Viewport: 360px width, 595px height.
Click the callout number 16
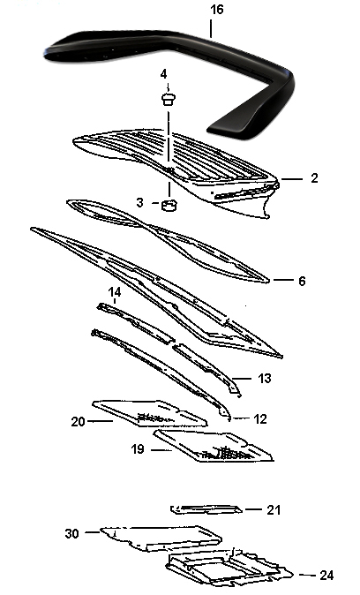217,10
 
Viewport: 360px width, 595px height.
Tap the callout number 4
163,74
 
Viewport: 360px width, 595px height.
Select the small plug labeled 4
169,100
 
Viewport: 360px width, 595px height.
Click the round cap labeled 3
169,205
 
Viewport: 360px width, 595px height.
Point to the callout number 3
140,203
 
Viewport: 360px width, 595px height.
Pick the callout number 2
314,178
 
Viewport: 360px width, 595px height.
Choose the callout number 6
302,282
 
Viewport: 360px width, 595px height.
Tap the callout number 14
115,292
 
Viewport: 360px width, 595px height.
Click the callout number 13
265,379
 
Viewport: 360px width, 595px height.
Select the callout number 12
259,419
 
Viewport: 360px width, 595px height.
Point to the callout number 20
79,422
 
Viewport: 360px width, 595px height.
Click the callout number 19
138,449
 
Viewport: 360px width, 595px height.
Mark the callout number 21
274,510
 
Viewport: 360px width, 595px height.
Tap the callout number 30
72,533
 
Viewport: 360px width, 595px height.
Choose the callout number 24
326,576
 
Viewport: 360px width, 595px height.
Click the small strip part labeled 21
206,509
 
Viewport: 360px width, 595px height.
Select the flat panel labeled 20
150,413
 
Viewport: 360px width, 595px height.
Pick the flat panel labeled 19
214,446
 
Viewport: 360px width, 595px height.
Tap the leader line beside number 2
292,178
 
